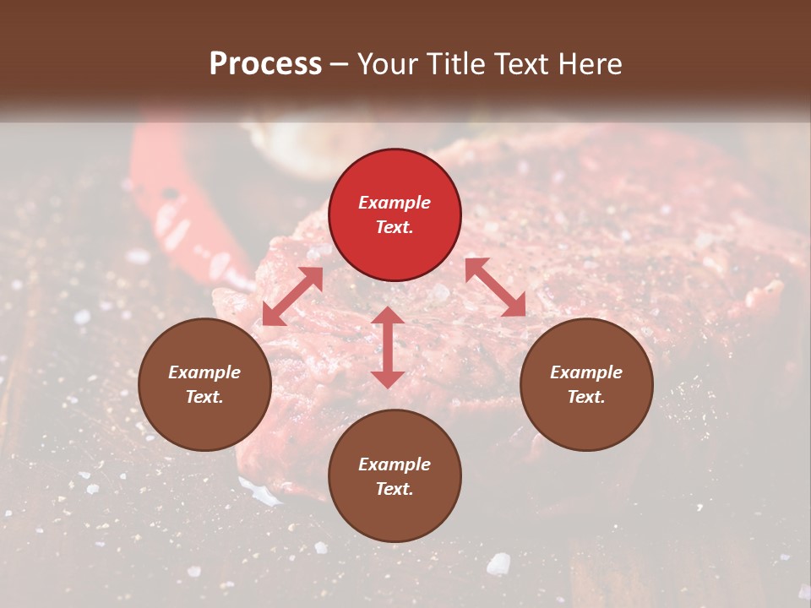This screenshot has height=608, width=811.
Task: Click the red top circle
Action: (x=395, y=215)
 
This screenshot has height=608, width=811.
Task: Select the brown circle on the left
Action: (x=204, y=385)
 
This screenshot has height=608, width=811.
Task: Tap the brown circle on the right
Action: (x=586, y=385)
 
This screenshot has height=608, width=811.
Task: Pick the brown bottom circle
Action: (x=395, y=477)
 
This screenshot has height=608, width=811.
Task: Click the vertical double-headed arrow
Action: (x=388, y=347)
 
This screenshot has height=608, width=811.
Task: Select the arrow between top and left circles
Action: (x=292, y=296)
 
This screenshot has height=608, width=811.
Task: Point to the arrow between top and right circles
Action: (x=495, y=288)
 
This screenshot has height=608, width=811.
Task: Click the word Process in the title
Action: (x=265, y=64)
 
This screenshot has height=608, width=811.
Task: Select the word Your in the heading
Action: (x=388, y=64)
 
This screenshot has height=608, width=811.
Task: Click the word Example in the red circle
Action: (x=395, y=203)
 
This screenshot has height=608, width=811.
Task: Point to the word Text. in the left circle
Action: (x=204, y=397)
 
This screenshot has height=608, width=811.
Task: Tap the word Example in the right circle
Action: (x=586, y=372)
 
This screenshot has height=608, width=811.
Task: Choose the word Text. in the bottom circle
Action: (x=395, y=489)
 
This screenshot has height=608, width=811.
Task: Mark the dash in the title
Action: (x=340, y=64)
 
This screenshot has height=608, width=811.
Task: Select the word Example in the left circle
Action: (x=204, y=372)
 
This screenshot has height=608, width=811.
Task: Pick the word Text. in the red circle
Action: (x=395, y=227)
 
